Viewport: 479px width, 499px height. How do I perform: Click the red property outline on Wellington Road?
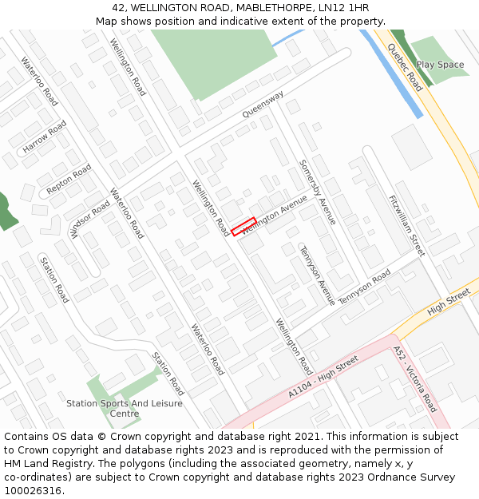[x=243, y=227]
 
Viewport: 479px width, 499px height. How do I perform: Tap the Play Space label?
[x=440, y=65]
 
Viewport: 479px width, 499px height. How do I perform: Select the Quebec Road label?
[x=405, y=67]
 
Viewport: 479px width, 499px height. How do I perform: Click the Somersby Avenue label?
[x=318, y=192]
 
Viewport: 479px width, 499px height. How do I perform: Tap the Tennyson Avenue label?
[x=317, y=275]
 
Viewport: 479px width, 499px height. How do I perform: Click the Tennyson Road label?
[x=365, y=287]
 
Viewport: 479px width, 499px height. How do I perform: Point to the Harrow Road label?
[x=45, y=137]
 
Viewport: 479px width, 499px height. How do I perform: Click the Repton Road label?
[x=69, y=180]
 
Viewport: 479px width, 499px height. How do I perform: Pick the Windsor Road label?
[x=89, y=218]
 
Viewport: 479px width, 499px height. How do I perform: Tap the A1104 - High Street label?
[x=323, y=378]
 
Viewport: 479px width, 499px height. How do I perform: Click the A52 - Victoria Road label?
[x=415, y=378]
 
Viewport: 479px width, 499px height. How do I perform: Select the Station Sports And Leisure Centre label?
[x=124, y=409]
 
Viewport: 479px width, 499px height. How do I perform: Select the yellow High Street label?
[x=449, y=300]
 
